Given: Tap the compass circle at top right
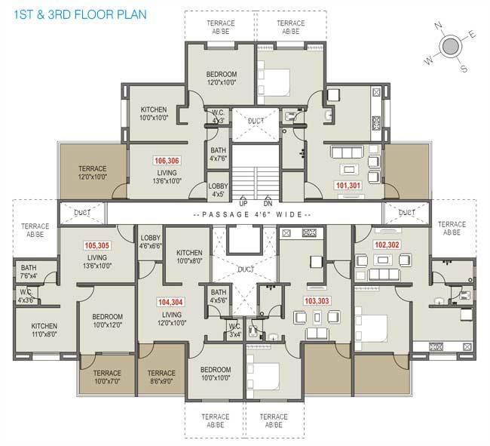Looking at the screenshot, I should pyautogui.click(x=449, y=48).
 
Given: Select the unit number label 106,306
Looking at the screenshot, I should pyautogui.click(x=166, y=161).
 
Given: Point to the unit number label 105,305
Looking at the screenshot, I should pyautogui.click(x=97, y=245).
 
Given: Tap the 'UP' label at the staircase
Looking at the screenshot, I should pyautogui.click(x=243, y=204).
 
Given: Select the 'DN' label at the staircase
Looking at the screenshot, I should pyautogui.click(x=267, y=204).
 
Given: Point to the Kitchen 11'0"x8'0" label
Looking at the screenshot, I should pyautogui.click(x=44, y=329).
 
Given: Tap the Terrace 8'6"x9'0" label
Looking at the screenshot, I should pyautogui.click(x=161, y=377).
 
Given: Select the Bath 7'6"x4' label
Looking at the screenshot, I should pyautogui.click(x=29, y=272).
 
